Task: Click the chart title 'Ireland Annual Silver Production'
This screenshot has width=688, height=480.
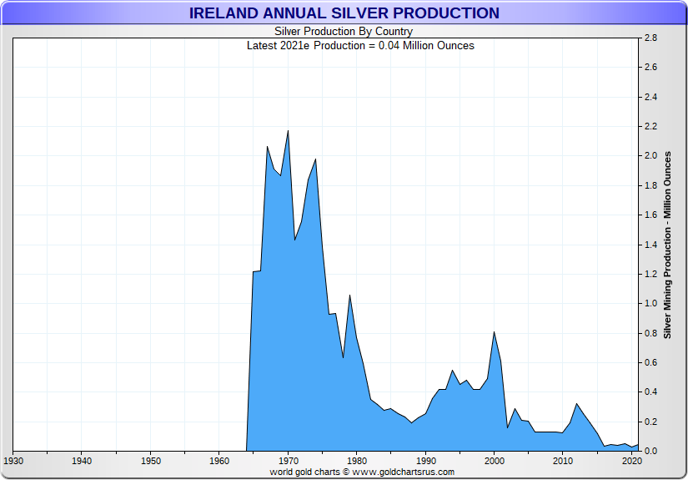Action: [x=344, y=13]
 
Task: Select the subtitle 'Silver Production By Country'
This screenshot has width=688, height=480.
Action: [x=344, y=32]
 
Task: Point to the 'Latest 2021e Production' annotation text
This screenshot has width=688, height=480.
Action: [x=360, y=45]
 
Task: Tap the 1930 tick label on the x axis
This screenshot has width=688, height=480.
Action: [x=13, y=461]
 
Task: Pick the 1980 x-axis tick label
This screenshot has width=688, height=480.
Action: [x=357, y=461]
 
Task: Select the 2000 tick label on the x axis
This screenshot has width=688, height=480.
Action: [x=495, y=461]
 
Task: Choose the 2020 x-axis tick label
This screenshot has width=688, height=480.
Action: [x=631, y=461]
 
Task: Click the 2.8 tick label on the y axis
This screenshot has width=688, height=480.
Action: [x=650, y=38]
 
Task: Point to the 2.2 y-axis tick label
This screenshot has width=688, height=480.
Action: [x=650, y=127]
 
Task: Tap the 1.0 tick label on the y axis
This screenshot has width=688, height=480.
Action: [x=650, y=304]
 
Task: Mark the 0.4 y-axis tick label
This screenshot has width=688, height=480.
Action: [x=650, y=392]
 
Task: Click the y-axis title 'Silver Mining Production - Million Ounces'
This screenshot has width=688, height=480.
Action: [x=667, y=245]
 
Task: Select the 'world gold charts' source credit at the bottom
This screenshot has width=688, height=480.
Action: [x=362, y=472]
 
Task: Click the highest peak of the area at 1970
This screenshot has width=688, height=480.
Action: [x=288, y=131]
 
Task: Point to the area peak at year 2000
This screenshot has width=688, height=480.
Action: [x=495, y=332]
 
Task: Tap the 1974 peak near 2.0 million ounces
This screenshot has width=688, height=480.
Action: [x=315, y=159]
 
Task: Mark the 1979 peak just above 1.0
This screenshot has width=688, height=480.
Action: [x=349, y=296]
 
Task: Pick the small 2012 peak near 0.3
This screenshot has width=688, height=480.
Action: [x=576, y=404]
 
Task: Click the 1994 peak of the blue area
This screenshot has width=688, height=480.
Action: [x=453, y=370]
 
